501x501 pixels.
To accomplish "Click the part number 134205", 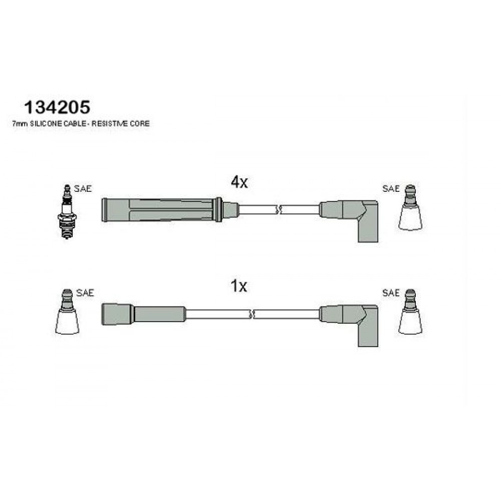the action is click(x=58, y=107).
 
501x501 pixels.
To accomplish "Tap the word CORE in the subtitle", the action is click(x=140, y=124).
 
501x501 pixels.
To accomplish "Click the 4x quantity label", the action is click(x=239, y=182).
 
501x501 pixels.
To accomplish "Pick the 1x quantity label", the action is click(x=239, y=286).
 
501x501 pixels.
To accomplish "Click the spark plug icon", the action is click(x=67, y=211).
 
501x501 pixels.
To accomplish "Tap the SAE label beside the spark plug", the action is click(x=83, y=188).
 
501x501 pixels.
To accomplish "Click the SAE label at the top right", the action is click(x=391, y=188).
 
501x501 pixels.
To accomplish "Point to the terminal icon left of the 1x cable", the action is click(x=67, y=312).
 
